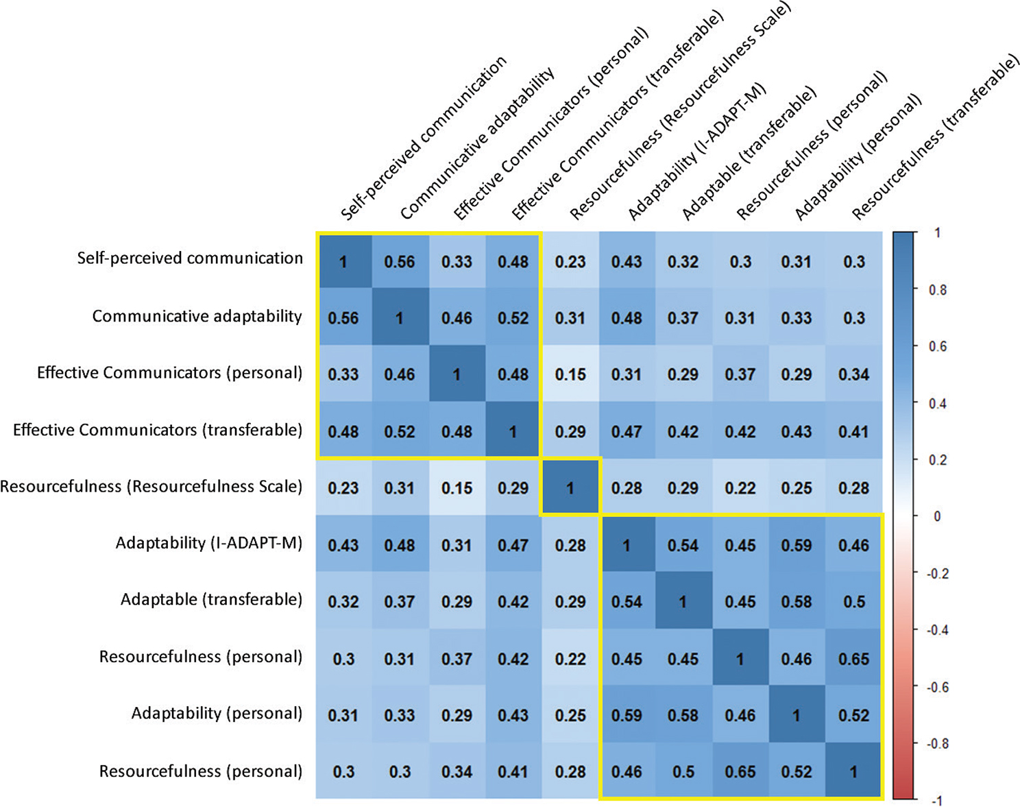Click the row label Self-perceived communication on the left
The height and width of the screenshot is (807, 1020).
pyautogui.click(x=190, y=258)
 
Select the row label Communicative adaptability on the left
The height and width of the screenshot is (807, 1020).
pyautogui.click(x=197, y=316)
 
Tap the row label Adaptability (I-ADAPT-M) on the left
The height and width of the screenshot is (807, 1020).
pyautogui.click(x=208, y=543)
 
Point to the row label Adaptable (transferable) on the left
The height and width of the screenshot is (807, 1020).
pyautogui.click(x=211, y=600)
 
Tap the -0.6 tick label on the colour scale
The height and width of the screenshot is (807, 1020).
pyautogui.click(x=937, y=687)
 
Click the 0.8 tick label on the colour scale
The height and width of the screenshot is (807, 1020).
pyautogui.click(x=937, y=290)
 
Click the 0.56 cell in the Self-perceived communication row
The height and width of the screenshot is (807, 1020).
pyautogui.click(x=400, y=262)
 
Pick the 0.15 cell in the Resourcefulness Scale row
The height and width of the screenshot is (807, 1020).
pyautogui.click(x=457, y=488)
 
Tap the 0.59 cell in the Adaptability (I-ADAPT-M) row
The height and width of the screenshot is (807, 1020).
pyautogui.click(x=797, y=546)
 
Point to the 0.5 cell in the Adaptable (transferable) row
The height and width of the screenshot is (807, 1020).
pyautogui.click(x=853, y=602)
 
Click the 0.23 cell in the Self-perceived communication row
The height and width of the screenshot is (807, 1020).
pyautogui.click(x=570, y=262)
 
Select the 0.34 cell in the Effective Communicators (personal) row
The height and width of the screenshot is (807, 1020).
pyautogui.click(x=853, y=374)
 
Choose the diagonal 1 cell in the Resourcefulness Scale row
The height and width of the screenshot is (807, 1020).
pyautogui.click(x=570, y=488)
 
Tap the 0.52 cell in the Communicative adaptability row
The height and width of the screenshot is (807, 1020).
pyautogui.click(x=513, y=318)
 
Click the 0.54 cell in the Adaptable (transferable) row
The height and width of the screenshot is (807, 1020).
pyautogui.click(x=627, y=602)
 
